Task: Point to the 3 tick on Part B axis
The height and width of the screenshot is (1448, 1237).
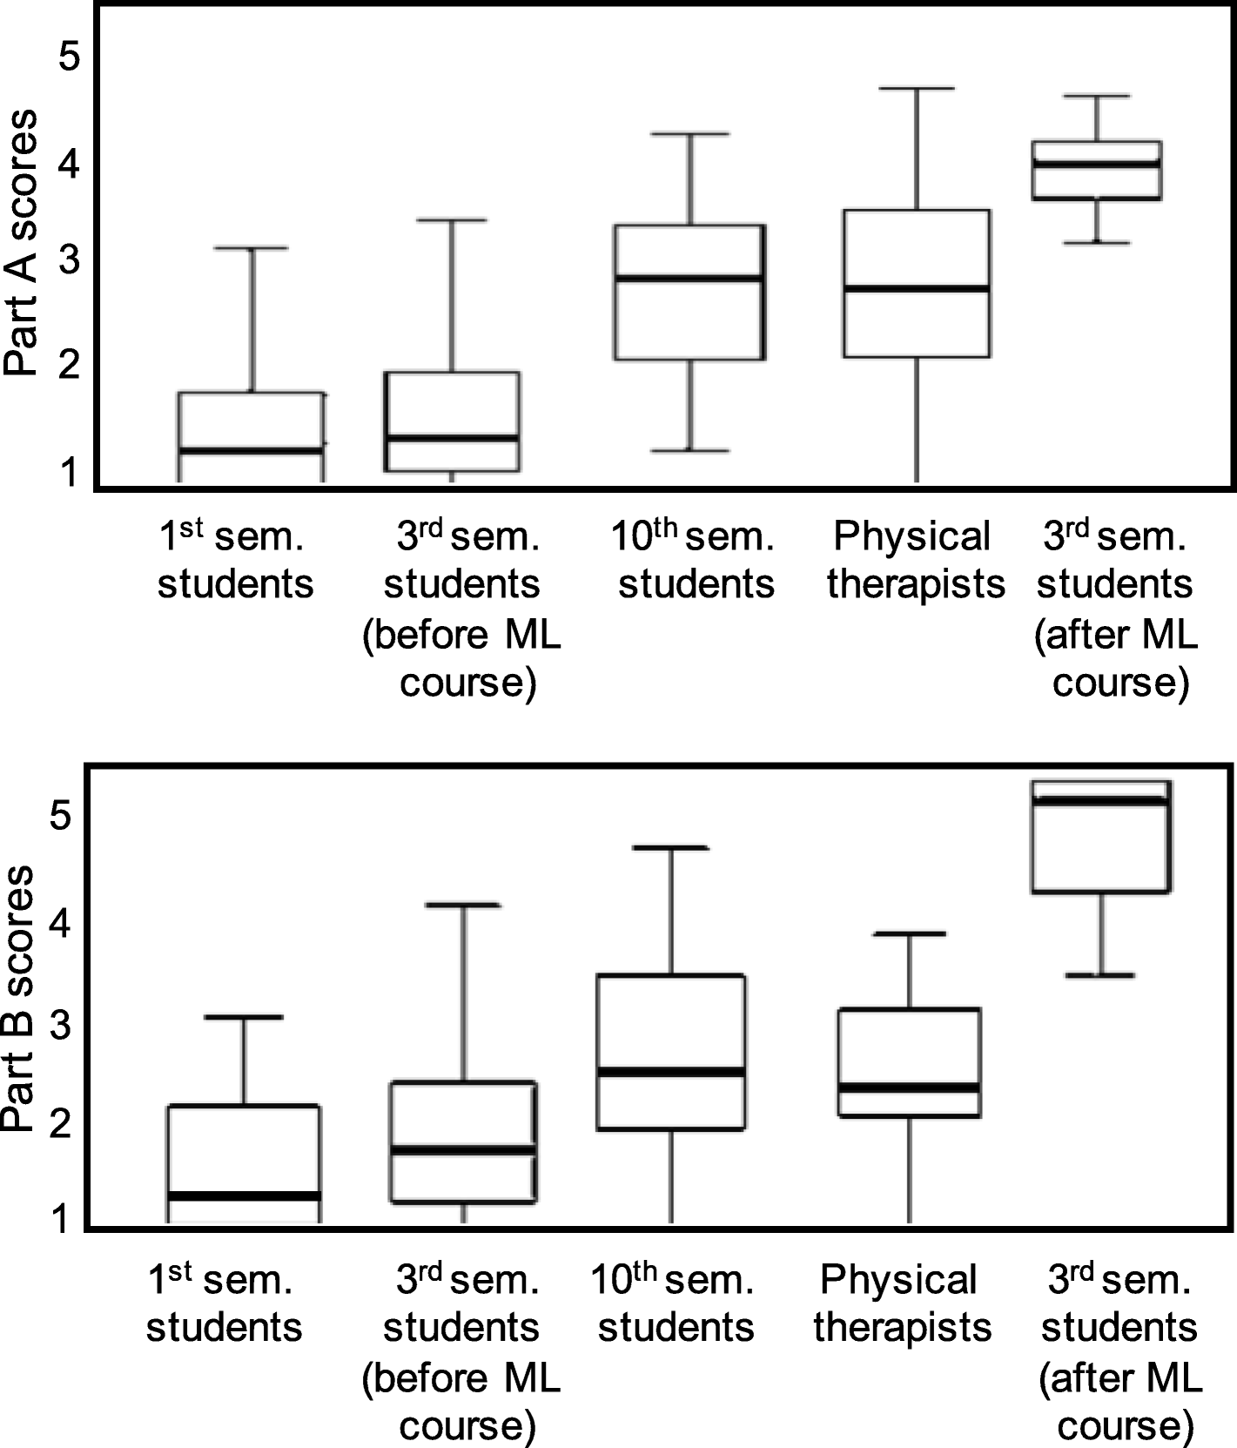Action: tap(59, 1026)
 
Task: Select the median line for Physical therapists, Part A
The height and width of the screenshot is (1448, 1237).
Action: tap(917, 288)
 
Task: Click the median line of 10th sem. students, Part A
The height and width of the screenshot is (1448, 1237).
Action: tap(689, 279)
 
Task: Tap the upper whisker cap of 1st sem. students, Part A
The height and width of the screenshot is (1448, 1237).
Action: tap(252, 248)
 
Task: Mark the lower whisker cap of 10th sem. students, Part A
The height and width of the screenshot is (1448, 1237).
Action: tap(689, 451)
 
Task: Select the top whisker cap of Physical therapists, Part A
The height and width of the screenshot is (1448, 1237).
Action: tap(917, 89)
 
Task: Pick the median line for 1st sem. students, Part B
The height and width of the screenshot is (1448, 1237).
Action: tap(244, 1195)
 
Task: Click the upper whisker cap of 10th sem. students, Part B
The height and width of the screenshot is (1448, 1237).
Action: tap(670, 847)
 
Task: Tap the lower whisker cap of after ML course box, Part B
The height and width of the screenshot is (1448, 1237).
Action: tap(1100, 975)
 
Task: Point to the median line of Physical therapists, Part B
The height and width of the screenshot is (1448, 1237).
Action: tap(909, 1088)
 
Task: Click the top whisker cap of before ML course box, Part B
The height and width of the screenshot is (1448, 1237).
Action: tap(462, 906)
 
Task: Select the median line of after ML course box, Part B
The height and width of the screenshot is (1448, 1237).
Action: tap(1100, 801)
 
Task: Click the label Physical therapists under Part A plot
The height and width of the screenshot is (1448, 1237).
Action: tap(915, 560)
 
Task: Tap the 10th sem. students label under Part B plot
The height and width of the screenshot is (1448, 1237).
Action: tap(676, 1303)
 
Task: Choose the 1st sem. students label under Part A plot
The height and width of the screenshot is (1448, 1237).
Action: tap(235, 560)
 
